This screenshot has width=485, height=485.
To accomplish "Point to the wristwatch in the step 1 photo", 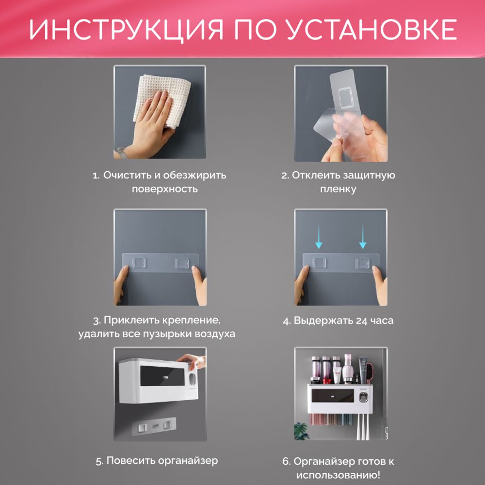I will click(x=120, y=153).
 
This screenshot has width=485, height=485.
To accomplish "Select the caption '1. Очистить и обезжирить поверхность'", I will click(x=160, y=182).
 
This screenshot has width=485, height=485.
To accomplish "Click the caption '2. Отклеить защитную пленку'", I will click(x=338, y=182).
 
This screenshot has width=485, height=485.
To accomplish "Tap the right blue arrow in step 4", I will click(x=362, y=238).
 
